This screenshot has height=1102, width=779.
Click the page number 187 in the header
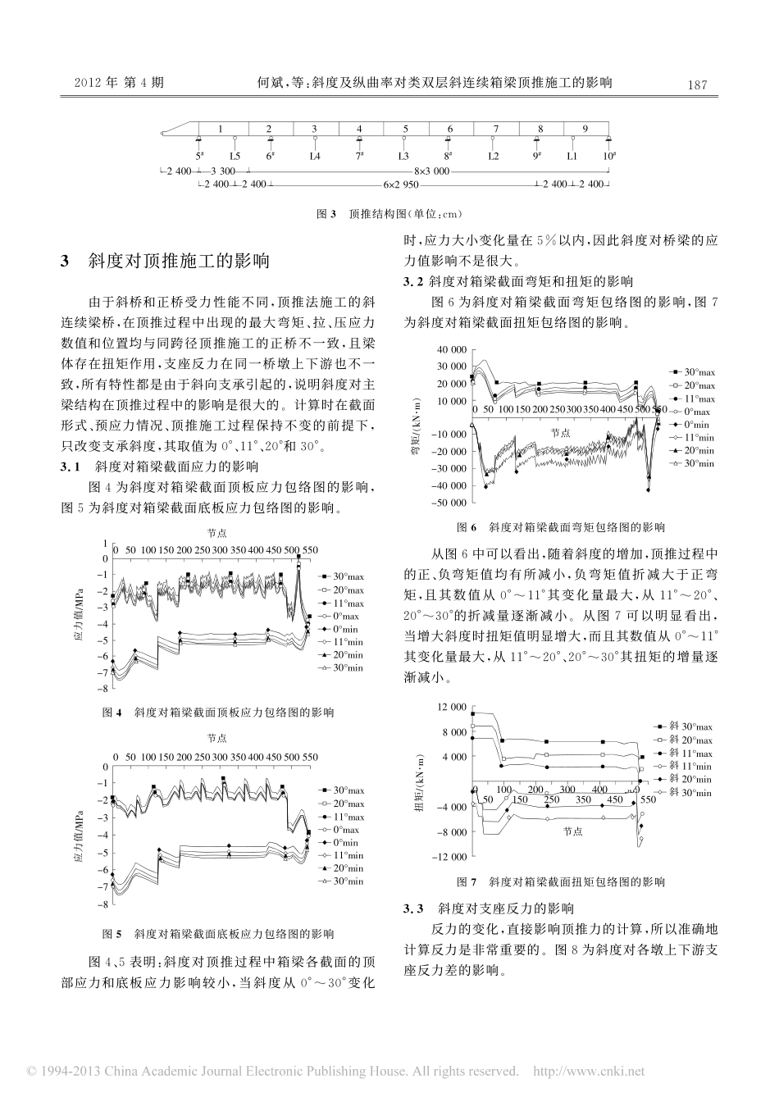pyautogui.click(x=697, y=83)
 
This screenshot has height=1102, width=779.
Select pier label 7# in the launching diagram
pyautogui.click(x=358, y=154)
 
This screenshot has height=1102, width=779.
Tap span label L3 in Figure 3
pyautogui.click(x=403, y=155)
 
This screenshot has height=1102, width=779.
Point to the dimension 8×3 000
pyautogui.click(x=431, y=171)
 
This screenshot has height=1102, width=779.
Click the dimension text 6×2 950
pyautogui.click(x=403, y=185)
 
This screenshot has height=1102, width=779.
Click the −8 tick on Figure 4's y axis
pyautogui.click(x=104, y=690)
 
